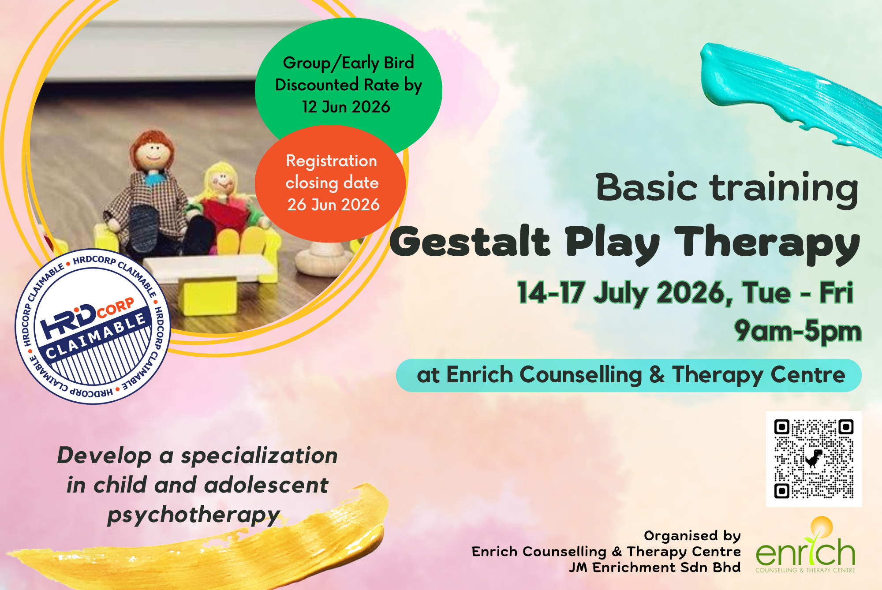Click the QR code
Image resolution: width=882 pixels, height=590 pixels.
coord(814,459)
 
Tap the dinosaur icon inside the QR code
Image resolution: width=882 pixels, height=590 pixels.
coord(814,459)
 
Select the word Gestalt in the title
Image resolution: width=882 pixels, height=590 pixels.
coord(470,242)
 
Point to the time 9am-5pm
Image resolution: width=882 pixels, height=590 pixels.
coord(798,331)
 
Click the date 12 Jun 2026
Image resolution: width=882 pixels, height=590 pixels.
coord(346,107)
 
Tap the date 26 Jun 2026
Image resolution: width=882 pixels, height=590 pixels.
coord(333,205)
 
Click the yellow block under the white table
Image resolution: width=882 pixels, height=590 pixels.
coord(210,298)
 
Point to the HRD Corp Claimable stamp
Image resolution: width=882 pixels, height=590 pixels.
coord(93,326)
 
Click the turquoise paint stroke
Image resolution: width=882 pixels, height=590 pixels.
coord(789,95)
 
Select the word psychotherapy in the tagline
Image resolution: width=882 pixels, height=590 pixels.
coord(194,515)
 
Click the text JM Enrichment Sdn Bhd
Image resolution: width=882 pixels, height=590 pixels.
coord(655,568)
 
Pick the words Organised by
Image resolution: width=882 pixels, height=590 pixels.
coord(692,536)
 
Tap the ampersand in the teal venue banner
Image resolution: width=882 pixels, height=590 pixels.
coord(657,375)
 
